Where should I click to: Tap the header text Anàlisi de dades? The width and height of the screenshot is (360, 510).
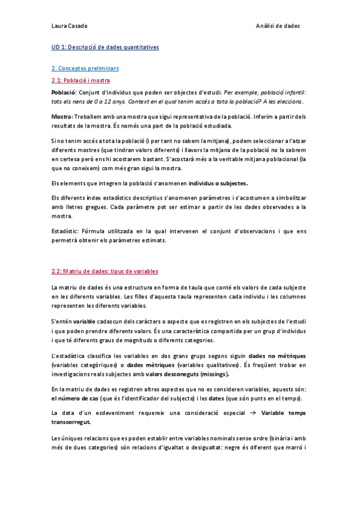pyautogui.click(x=278, y=26)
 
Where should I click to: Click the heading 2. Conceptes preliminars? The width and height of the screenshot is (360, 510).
pyautogui.click(x=85, y=69)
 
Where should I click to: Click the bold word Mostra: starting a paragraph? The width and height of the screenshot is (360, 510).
pyautogui.click(x=63, y=116)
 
